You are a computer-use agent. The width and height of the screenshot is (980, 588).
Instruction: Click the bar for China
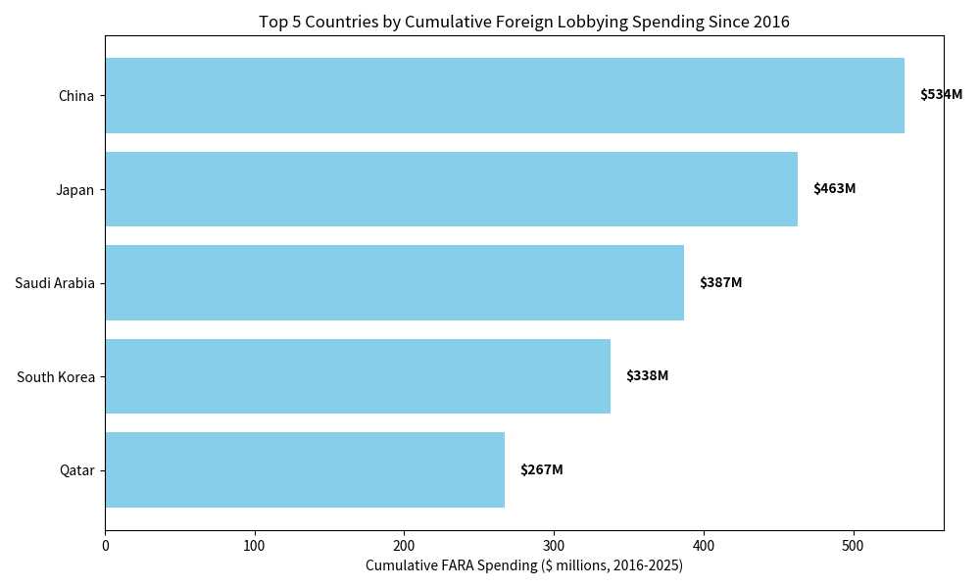(505, 95)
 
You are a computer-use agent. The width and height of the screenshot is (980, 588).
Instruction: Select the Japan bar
(451, 189)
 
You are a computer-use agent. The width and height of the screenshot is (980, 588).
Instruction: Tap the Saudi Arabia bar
(394, 282)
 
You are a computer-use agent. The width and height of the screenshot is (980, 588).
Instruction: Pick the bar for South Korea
(358, 376)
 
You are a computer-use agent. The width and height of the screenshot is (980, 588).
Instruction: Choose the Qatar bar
(305, 469)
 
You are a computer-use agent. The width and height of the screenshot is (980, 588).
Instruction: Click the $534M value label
(941, 95)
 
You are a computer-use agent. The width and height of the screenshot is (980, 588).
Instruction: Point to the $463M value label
(834, 189)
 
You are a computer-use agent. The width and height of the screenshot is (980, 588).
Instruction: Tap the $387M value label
(720, 283)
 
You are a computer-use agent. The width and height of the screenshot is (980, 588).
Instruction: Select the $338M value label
(647, 376)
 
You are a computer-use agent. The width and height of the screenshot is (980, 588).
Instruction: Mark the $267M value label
(541, 470)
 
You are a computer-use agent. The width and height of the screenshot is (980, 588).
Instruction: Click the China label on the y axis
(76, 96)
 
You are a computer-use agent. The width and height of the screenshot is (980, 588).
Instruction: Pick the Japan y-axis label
(74, 190)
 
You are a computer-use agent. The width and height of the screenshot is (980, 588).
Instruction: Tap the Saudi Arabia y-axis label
(55, 283)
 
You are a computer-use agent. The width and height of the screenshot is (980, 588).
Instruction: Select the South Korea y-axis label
(56, 377)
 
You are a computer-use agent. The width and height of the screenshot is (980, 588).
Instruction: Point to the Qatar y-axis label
(76, 470)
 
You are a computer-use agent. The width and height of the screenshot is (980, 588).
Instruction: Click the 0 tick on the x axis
(105, 546)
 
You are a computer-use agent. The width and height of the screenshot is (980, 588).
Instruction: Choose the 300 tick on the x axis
(554, 546)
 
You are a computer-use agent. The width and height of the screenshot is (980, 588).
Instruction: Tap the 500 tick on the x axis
(854, 546)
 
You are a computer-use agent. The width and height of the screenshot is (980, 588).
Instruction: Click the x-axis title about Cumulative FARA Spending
(524, 566)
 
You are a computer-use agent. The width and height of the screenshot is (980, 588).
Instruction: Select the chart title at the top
(524, 22)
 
